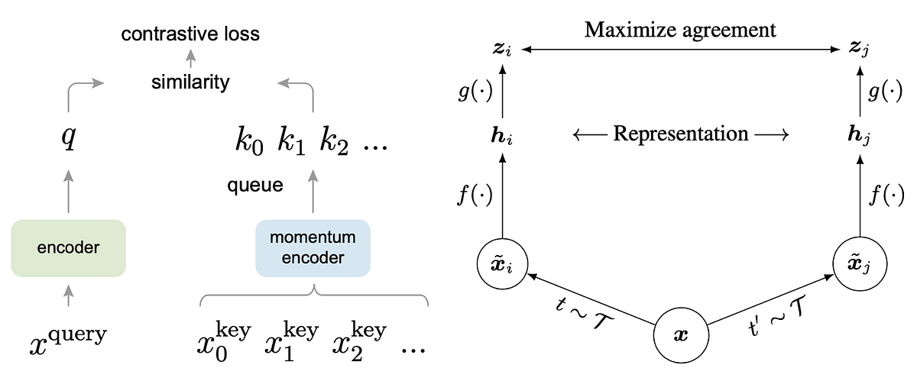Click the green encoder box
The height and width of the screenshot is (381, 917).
point(69,247)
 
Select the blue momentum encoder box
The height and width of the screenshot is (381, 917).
point(313,248)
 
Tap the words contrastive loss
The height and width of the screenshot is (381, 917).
point(191,34)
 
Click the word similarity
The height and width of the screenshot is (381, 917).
point(190,82)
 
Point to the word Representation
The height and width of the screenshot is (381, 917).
point(681,134)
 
